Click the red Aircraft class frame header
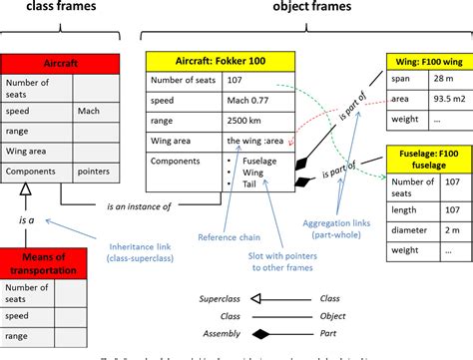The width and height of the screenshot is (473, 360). coord(40,62)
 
